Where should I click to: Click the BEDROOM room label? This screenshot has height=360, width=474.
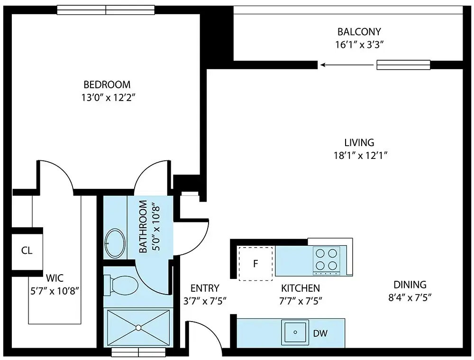(x=107, y=84)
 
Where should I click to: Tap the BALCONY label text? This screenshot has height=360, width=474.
(x=359, y=32)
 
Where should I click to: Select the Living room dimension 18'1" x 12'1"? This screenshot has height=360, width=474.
(x=360, y=156)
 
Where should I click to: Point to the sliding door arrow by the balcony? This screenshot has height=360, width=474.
(x=347, y=65)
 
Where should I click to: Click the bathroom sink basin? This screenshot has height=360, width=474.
(x=115, y=243)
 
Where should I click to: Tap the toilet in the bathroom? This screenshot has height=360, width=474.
(x=121, y=285)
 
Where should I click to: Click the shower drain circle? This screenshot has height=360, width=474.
(x=138, y=328)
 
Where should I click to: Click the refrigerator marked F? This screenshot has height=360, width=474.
(x=256, y=264)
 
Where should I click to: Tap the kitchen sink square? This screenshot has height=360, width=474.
(x=295, y=332)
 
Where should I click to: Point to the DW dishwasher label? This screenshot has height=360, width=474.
(x=320, y=333)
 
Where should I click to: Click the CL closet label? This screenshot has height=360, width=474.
(x=27, y=250)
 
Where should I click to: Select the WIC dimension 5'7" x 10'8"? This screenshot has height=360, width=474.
(x=55, y=291)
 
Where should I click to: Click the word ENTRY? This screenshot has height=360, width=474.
(x=205, y=288)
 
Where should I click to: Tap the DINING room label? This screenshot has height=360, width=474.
(x=410, y=285)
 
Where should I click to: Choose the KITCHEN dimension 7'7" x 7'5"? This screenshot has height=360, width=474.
(x=301, y=301)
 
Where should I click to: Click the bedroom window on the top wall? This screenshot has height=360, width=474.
(x=106, y=10)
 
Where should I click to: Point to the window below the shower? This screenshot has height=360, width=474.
(x=138, y=352)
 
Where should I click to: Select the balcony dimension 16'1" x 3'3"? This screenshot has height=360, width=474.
(x=359, y=45)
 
